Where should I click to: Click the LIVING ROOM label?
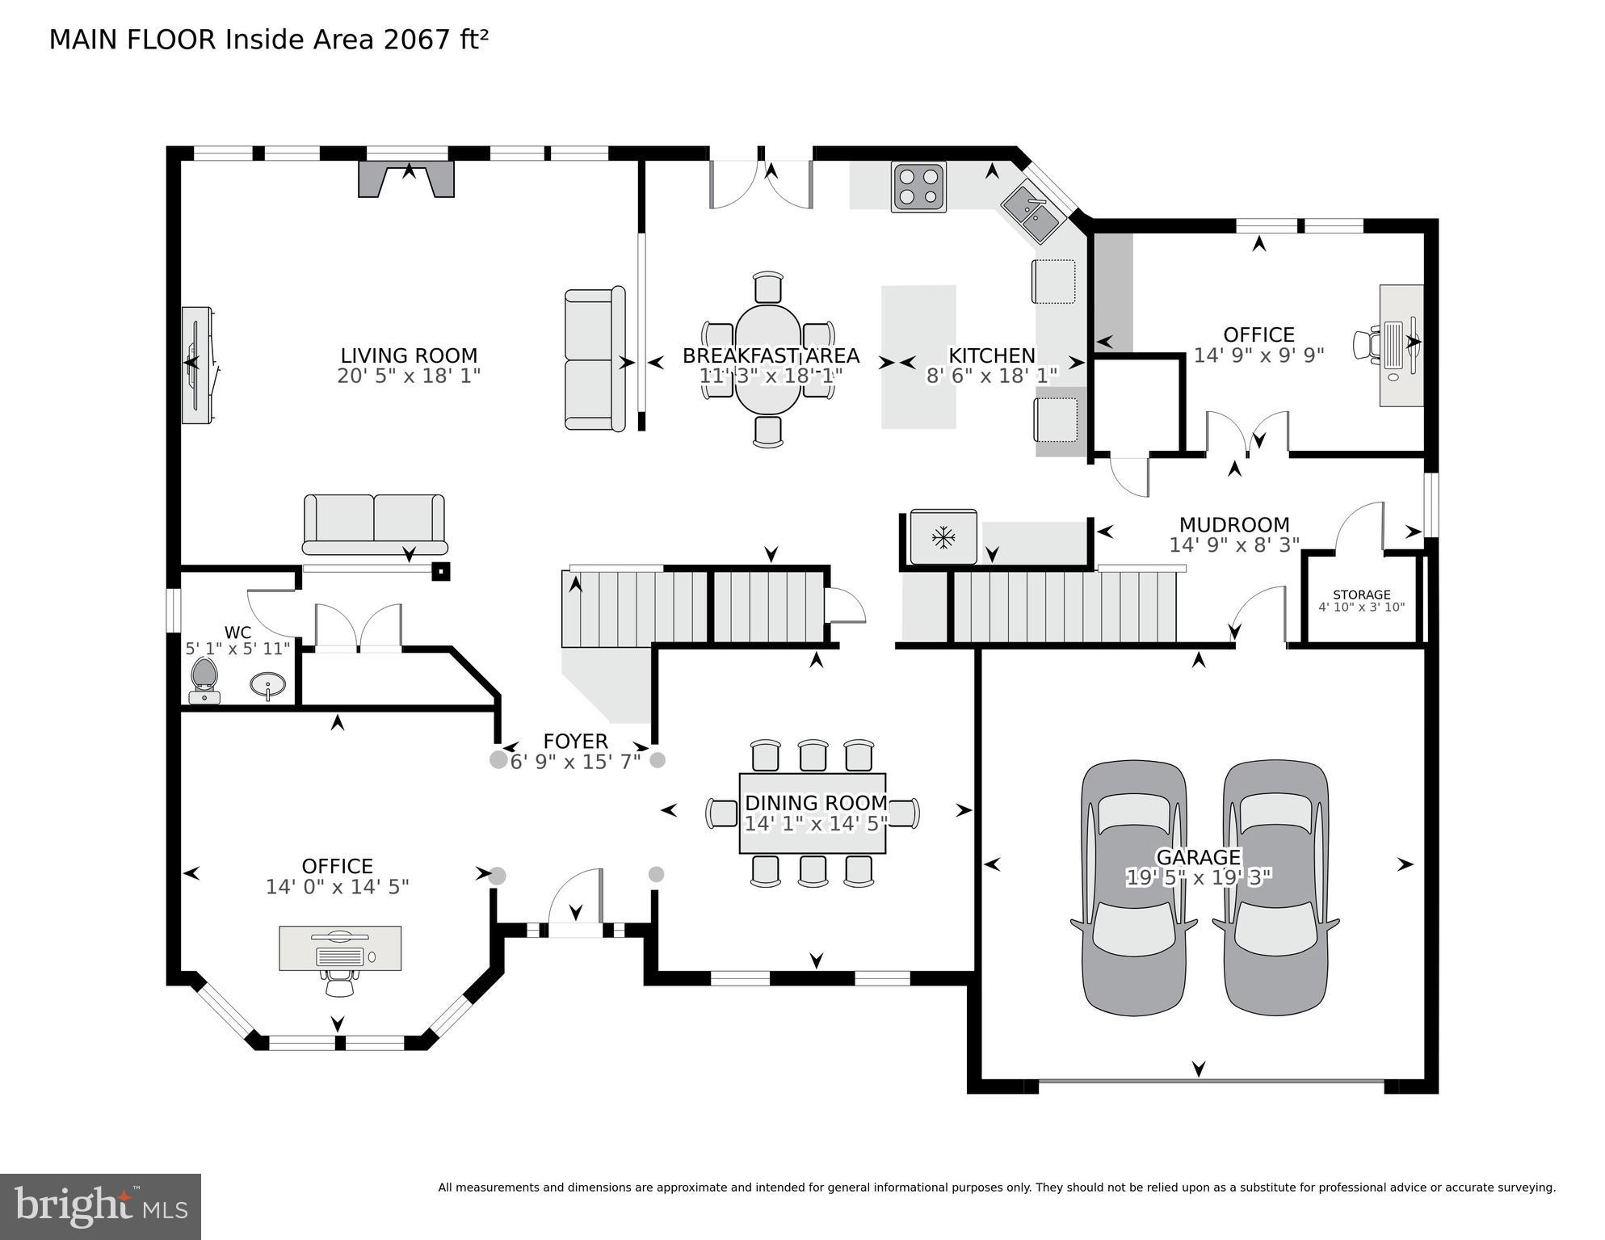[409, 355]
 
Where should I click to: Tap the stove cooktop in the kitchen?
[918, 187]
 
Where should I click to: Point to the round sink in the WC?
[267, 686]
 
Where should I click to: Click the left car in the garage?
[1133, 887]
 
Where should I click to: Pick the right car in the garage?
[1275, 887]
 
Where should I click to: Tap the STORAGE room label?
[1361, 595]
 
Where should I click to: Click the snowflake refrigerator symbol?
[943, 537]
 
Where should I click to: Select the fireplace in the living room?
[407, 179]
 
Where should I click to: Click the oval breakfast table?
[767, 359]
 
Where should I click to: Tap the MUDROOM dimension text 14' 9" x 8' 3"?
[1233, 545]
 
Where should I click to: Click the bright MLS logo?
[100, 1206]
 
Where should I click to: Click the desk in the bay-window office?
[340, 948]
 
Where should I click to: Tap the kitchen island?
[918, 356]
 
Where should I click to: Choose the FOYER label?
[575, 742]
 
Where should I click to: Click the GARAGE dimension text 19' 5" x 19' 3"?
[1198, 877]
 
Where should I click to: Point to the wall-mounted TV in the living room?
[196, 364]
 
